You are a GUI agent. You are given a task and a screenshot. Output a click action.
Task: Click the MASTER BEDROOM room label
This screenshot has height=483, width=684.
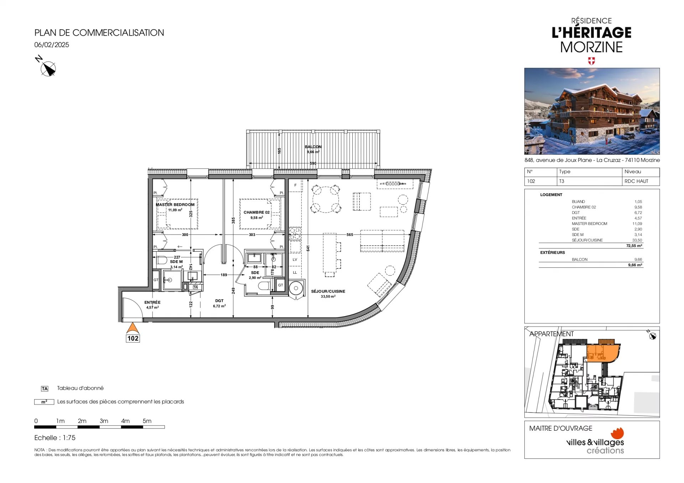tap(175, 205)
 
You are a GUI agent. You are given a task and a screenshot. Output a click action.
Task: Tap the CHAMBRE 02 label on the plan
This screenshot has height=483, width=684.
tap(256, 212)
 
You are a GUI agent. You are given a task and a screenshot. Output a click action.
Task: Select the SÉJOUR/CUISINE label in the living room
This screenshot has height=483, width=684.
tap(328, 291)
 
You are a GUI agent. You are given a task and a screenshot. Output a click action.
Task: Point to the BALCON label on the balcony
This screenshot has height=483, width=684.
tap(313, 147)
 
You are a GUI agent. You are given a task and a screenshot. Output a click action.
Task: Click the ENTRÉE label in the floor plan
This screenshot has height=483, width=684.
tap(152, 302)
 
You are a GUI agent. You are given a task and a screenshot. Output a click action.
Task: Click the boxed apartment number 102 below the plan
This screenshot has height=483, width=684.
tap(133, 338)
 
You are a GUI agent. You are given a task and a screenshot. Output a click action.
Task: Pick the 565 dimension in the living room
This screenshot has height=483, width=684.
tap(350, 235)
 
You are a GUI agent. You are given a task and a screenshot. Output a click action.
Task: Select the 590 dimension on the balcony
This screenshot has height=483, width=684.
tap(313, 163)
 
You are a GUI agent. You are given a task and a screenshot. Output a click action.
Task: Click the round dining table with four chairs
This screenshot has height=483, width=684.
tap(326, 199)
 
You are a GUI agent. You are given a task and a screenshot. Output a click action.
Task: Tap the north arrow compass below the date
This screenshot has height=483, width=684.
tap(48, 68)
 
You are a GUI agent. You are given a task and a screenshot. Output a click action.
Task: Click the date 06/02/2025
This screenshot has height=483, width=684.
tap(52, 45)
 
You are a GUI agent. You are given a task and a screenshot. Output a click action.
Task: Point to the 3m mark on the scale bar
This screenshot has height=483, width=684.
tap(104, 421)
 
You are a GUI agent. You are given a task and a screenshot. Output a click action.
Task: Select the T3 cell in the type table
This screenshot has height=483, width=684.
tap(562, 181)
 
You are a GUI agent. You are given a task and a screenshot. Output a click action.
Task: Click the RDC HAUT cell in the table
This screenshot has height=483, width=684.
tap(636, 181)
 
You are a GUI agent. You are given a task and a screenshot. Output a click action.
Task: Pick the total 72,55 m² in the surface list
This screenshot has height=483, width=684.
tap(634, 246)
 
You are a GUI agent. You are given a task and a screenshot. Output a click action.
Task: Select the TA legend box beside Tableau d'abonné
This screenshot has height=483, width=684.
tap(45, 389)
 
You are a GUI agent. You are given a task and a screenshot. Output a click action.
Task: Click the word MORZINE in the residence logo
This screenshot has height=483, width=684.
tap(591, 47)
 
